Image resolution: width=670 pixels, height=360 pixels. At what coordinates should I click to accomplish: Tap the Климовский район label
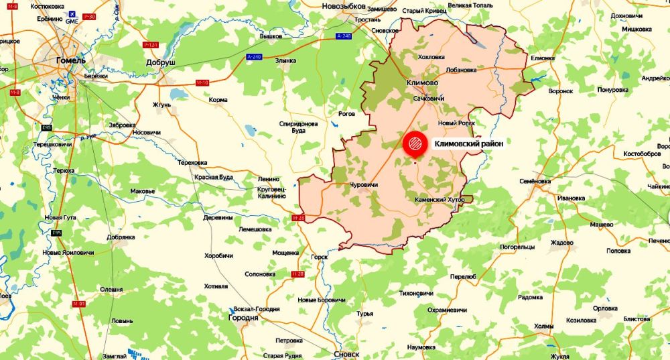pyautogui.click(x=468, y=143)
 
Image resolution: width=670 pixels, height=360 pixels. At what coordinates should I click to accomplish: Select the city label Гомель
pyautogui.click(x=70, y=61)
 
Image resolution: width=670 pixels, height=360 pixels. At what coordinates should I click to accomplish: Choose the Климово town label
pyautogui.click(x=422, y=83)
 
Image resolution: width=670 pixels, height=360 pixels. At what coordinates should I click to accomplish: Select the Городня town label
pyautogui.click(x=243, y=317)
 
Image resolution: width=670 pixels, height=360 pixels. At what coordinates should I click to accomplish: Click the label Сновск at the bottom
pyautogui.click(x=345, y=353)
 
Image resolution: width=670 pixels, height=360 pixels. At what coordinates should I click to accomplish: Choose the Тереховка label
pyautogui.click(x=192, y=163)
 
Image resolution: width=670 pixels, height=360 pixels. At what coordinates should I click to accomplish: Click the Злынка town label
pyautogui.click(x=285, y=60)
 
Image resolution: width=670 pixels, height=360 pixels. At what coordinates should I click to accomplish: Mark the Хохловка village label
pyautogui.click(x=431, y=57)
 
